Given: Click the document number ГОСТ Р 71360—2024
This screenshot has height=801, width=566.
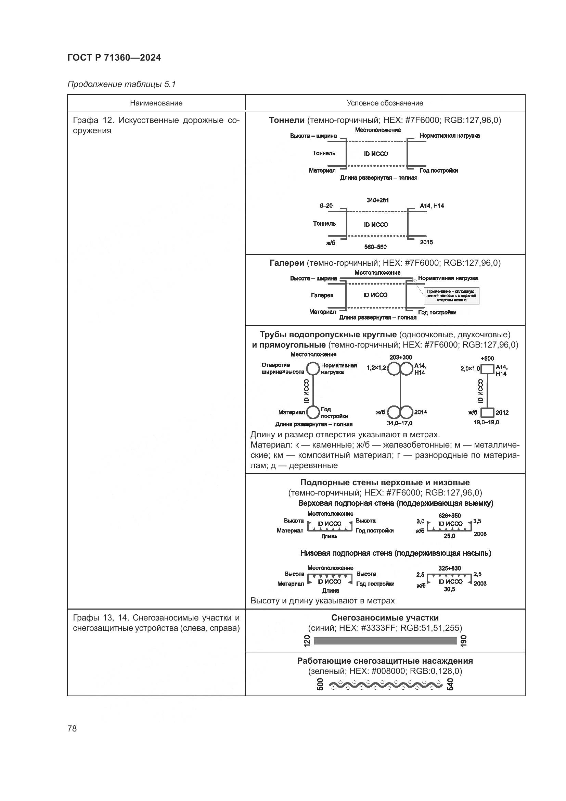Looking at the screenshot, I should point(114,58).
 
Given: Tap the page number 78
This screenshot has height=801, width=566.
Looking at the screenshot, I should point(72,728).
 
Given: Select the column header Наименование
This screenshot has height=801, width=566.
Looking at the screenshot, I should point(156,103).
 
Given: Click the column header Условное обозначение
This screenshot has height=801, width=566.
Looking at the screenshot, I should point(385,103).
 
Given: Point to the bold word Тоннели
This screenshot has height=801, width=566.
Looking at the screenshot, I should point(287,120).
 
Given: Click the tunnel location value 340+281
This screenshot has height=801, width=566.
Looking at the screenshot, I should point(377,200).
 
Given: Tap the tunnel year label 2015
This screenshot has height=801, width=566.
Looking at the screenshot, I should point(426,242).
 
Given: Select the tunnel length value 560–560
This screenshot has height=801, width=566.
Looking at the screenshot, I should point(375,247).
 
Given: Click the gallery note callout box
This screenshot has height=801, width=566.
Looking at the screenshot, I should point(451,296).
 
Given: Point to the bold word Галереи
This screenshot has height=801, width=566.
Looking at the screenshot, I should point(287,263).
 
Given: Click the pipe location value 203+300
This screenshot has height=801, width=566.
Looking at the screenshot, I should point(400,357).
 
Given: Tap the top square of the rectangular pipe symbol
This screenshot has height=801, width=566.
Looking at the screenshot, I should point(487,369).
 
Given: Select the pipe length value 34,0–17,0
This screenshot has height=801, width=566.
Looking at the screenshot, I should point(399,423).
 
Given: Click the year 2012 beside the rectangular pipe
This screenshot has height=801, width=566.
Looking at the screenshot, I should point(502,413).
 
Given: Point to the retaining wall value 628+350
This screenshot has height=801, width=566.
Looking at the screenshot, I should point(449,516).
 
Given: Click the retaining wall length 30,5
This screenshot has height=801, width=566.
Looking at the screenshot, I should point(449,589).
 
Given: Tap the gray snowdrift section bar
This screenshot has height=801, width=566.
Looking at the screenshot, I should point(385,641).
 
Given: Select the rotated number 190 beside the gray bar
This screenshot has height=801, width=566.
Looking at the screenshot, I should point(463,641).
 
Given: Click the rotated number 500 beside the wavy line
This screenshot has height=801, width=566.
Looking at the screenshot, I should point(320,684).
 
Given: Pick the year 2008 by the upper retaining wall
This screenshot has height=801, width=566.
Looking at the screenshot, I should point(480,534).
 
